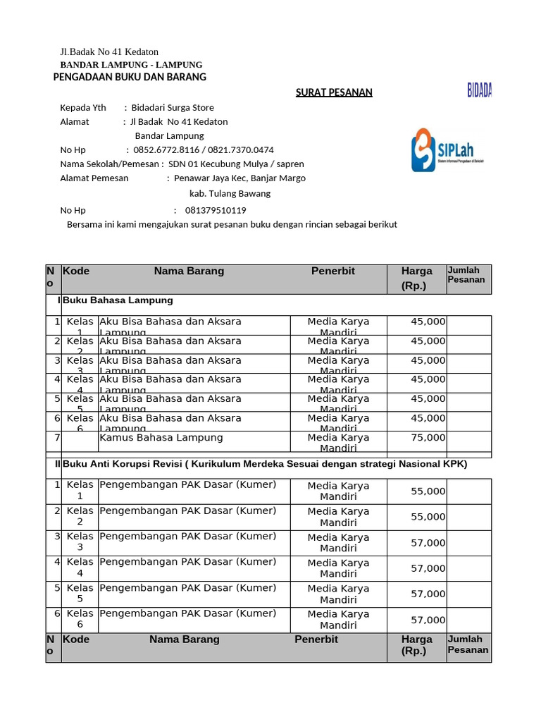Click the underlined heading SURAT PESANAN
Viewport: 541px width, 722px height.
click(333, 92)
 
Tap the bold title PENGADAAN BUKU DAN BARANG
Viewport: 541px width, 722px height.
click(130, 77)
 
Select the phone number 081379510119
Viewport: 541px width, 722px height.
click(216, 210)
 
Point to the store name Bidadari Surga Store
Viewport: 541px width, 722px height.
click(173, 107)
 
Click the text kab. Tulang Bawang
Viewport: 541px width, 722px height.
click(230, 193)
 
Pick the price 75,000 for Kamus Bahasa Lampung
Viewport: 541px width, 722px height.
click(428, 437)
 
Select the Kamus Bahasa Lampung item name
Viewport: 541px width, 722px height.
click(161, 437)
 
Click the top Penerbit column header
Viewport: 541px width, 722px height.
click(333, 271)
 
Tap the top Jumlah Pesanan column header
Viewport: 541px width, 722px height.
click(466, 275)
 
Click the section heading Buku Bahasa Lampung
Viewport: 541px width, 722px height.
click(118, 300)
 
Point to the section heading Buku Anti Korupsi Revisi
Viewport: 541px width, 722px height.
click(264, 464)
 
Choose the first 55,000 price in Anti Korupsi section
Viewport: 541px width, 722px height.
click(428, 491)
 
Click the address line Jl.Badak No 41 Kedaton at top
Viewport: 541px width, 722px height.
click(109, 51)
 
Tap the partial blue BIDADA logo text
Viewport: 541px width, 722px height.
click(479, 90)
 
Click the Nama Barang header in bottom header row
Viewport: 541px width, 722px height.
click(185, 640)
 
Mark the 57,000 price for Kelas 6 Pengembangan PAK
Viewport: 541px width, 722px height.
click(428, 620)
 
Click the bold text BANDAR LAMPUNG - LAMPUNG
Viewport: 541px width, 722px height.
click(131, 65)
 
